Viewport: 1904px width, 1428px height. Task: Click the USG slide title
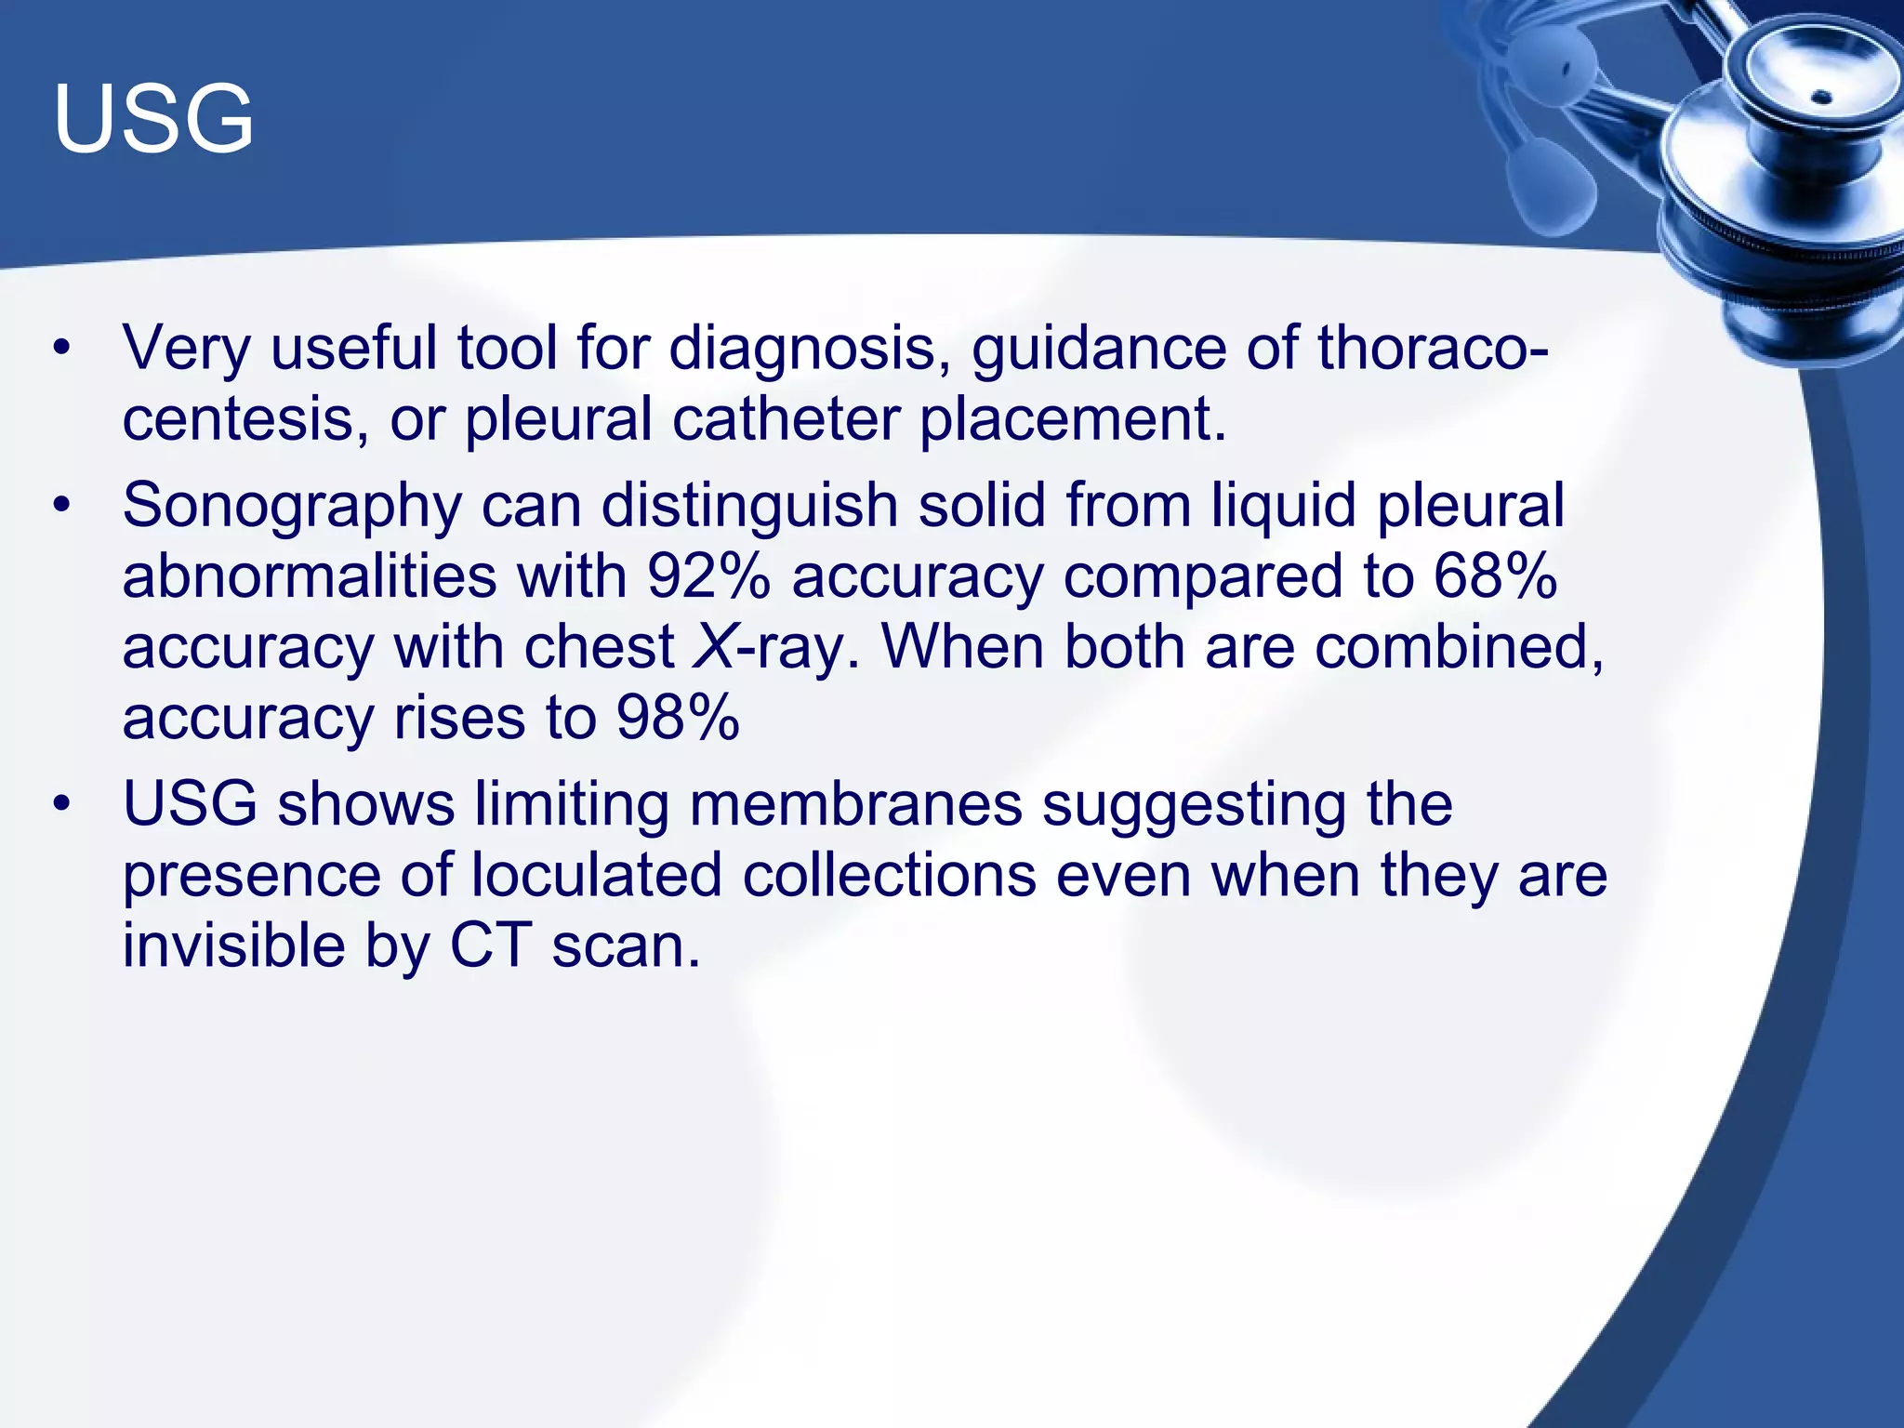click(153, 119)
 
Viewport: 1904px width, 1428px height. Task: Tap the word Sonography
click(291, 508)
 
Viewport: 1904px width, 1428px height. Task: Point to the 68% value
click(1495, 576)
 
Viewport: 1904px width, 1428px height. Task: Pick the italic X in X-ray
click(714, 647)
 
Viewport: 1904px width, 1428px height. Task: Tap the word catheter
click(786, 419)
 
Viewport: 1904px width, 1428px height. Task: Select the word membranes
click(855, 804)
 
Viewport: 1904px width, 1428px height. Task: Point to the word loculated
click(596, 876)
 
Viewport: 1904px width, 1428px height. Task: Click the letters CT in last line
click(491, 946)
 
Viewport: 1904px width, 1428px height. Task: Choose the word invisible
click(233, 946)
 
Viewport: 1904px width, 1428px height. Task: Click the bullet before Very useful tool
click(61, 350)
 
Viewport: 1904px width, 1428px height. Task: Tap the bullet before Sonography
click(61, 508)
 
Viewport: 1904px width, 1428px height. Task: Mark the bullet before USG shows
click(61, 804)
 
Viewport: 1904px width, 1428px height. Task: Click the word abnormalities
click(310, 576)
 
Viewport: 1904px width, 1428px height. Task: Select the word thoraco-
click(1433, 349)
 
